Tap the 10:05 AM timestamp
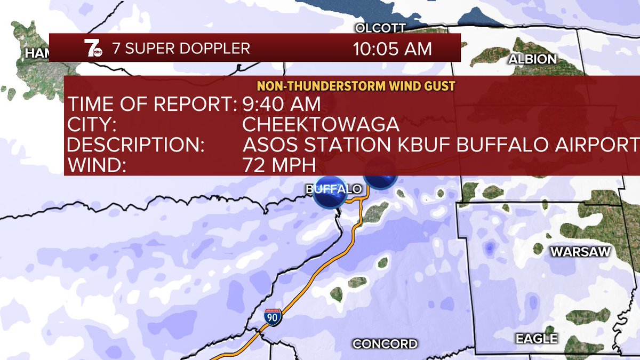[x=392, y=49]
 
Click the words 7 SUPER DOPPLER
[x=181, y=49]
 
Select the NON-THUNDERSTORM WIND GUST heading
[x=356, y=86]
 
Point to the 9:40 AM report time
[x=281, y=103]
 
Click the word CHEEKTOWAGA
[x=321, y=124]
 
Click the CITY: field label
[x=91, y=124]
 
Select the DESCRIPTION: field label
[x=135, y=145]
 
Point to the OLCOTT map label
[x=380, y=28]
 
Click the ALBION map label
[x=532, y=59]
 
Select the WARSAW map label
[x=580, y=252]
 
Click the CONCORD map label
[x=385, y=343]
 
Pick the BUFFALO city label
[x=334, y=189]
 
